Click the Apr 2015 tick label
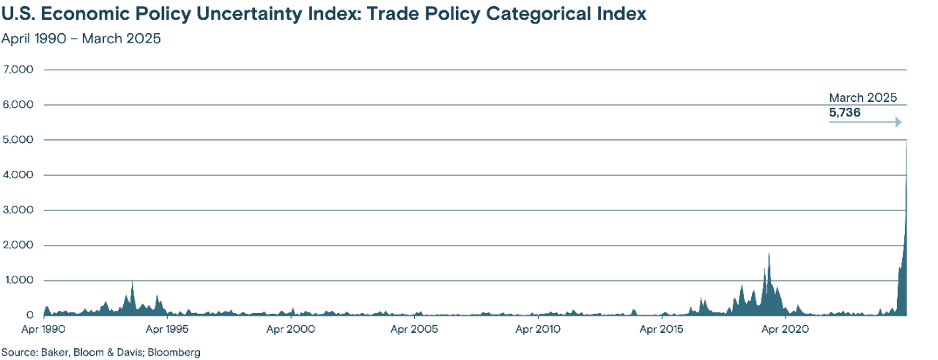665,329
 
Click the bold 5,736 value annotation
844,113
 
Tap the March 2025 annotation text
863,98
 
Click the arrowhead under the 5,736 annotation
897,122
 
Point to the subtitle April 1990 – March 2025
81,38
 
